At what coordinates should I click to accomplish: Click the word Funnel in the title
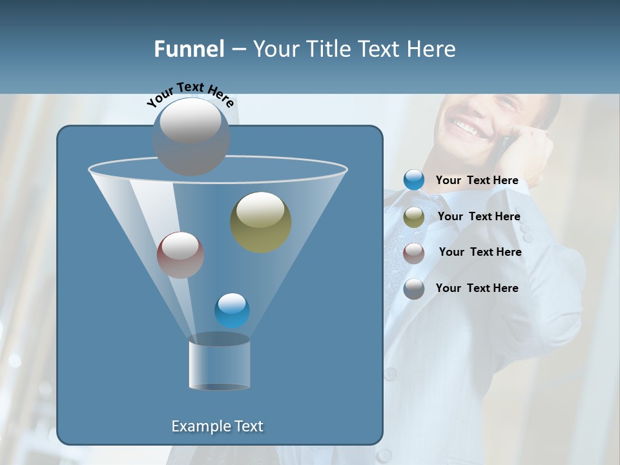(x=189, y=49)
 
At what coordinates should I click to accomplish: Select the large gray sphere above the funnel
(x=191, y=136)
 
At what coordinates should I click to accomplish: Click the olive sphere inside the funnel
(x=261, y=222)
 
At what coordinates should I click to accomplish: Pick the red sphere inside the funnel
(x=180, y=255)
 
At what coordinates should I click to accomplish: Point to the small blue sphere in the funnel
(x=232, y=311)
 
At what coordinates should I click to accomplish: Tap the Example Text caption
(x=217, y=426)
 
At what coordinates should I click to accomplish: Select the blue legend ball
(x=414, y=180)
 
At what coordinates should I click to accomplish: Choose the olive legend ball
(x=414, y=217)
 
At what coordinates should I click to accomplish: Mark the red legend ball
(x=414, y=253)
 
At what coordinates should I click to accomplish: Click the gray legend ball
(x=414, y=288)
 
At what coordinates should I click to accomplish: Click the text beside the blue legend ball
(x=477, y=181)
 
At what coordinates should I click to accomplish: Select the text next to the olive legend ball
(x=479, y=217)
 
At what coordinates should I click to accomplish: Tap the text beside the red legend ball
(x=480, y=253)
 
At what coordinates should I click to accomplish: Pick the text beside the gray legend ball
(x=477, y=288)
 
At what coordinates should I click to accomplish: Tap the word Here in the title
(x=431, y=49)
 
